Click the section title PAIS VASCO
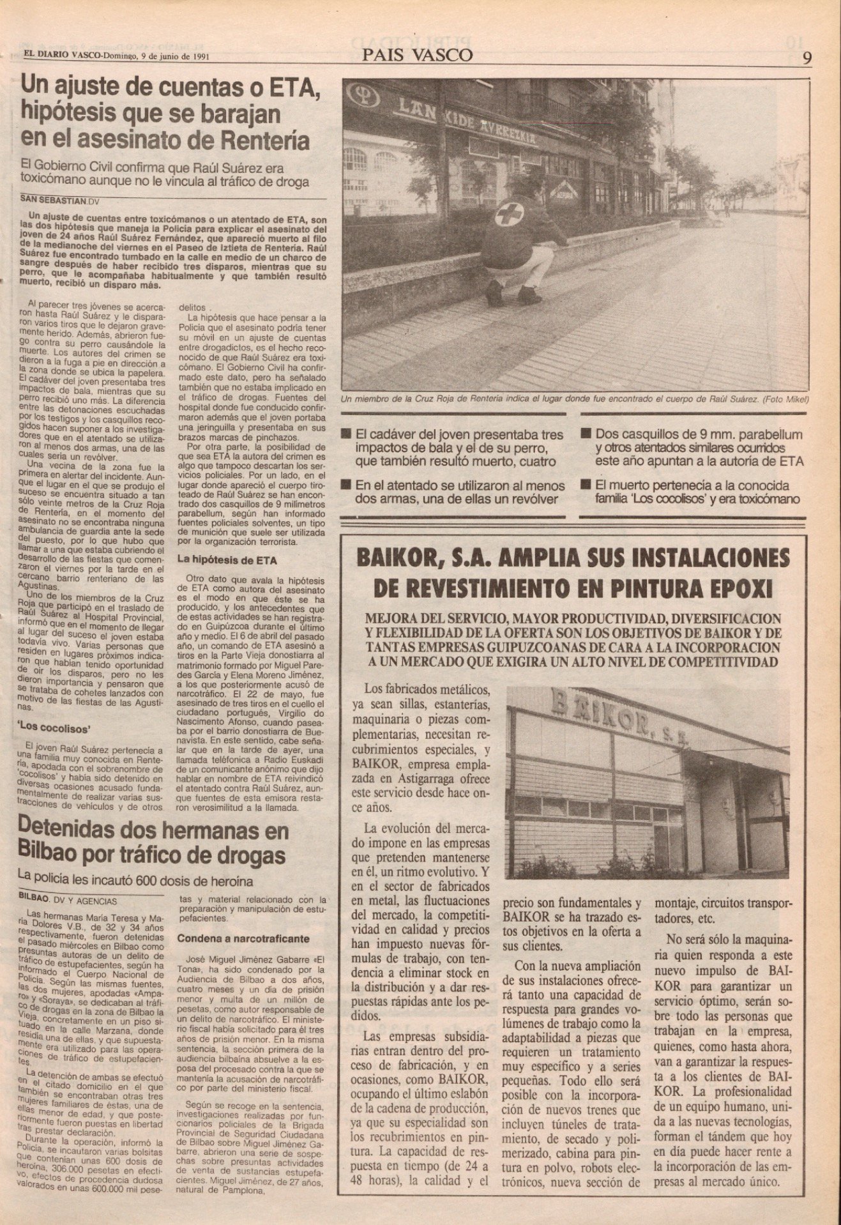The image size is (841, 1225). (418, 55)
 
